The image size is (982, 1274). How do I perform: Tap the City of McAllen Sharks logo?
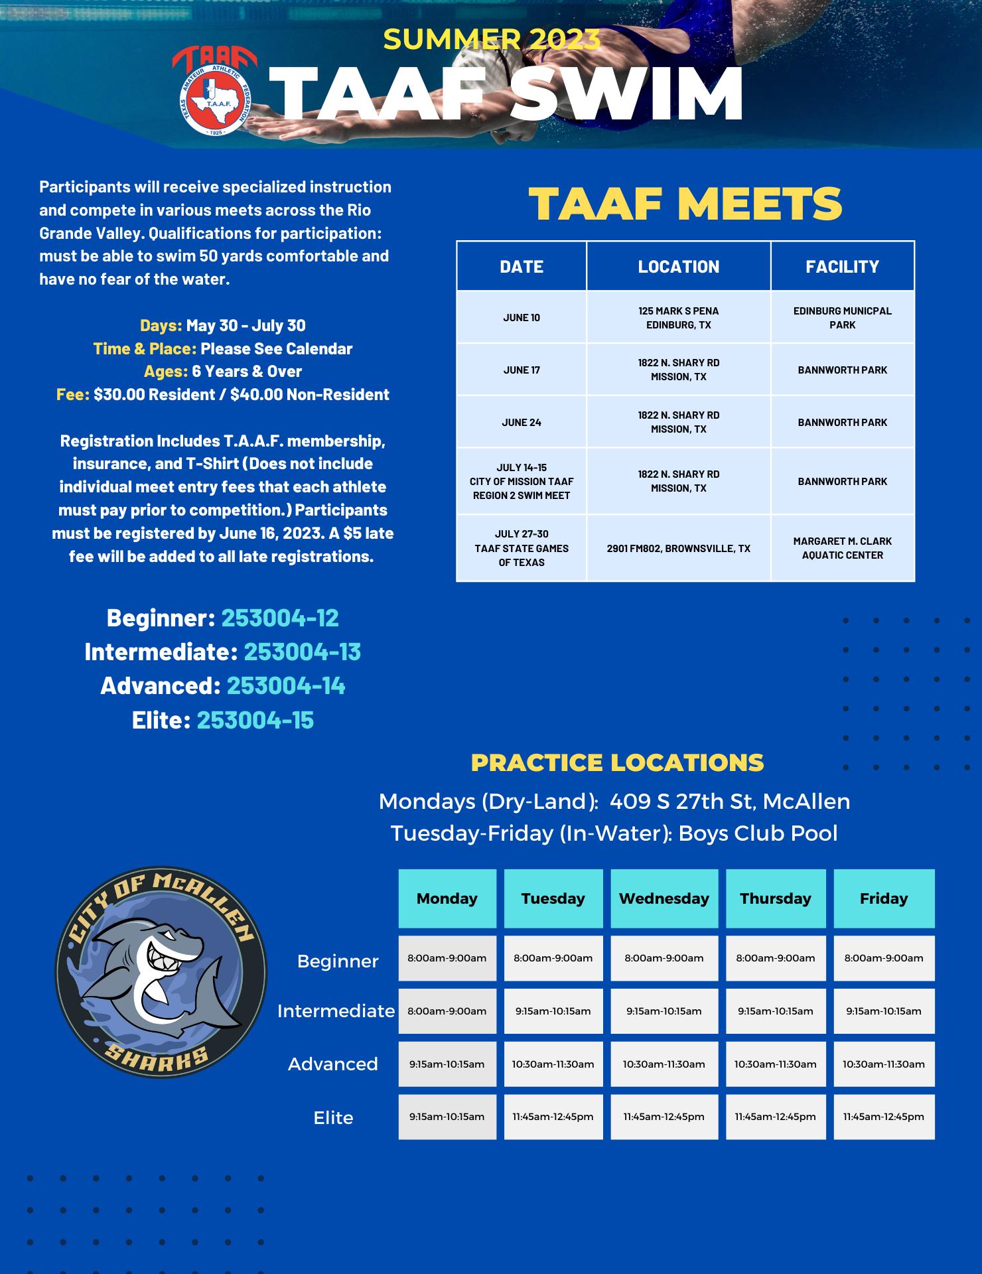coord(161,972)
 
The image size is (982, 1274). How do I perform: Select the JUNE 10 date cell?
coord(522,317)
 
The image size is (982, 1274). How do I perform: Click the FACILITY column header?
coord(842,267)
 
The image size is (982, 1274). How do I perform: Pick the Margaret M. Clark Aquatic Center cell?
coord(842,548)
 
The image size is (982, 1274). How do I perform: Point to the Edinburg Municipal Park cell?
coord(842,317)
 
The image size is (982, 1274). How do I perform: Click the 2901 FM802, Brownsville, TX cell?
coord(678,548)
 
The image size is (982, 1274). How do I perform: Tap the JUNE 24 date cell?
coord(522,422)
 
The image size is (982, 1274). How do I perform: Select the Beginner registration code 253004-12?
coord(280,618)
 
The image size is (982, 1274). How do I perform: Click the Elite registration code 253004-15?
coord(255,720)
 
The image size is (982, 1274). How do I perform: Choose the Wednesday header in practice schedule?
coord(664,898)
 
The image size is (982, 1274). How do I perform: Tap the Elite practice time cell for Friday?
coord(884,1117)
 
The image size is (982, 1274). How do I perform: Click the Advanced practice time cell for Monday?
coord(447,1064)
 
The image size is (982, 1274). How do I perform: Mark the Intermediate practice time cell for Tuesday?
coord(553,1011)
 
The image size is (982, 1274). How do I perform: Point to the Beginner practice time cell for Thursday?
coord(776,958)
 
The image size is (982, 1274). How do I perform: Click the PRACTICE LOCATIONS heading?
coord(617,763)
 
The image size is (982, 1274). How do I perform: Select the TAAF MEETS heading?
coord(685,204)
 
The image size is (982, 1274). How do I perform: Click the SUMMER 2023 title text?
coord(492,40)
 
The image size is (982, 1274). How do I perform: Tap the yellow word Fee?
coord(73,395)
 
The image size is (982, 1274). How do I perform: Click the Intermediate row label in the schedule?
coord(336,1011)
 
